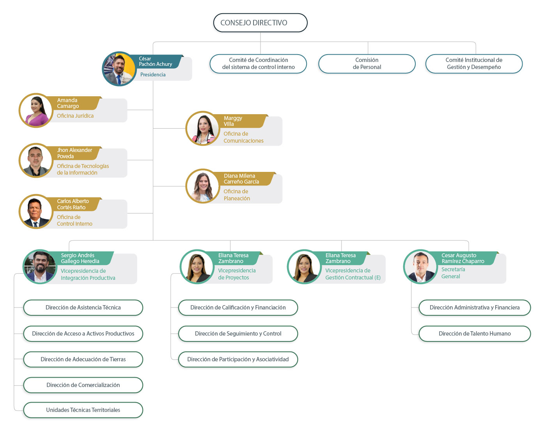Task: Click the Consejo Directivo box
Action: click(260, 23)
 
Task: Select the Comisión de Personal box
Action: click(367, 64)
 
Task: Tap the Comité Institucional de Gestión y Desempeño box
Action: click(474, 64)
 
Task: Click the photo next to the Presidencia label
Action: click(119, 69)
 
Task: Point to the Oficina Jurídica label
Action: click(75, 116)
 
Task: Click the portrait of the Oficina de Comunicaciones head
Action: click(203, 129)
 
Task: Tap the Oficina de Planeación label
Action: click(237, 195)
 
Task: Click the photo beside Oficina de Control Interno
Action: click(36, 212)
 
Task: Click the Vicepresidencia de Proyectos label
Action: click(237, 274)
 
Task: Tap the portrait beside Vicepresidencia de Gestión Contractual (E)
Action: click(304, 267)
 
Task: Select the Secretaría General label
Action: click(453, 273)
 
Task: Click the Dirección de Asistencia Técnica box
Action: click(83, 308)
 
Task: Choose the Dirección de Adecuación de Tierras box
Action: click(83, 359)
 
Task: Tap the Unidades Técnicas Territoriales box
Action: click(83, 410)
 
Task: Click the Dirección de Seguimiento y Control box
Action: click(238, 334)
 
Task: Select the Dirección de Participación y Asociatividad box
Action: click(238, 359)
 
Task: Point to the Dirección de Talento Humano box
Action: click(475, 334)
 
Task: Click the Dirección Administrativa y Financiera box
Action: click(475, 308)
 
